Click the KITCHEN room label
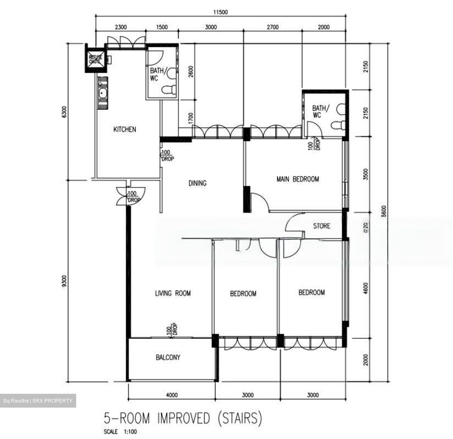click(125, 129)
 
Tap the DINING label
click(198, 183)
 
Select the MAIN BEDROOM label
click(298, 179)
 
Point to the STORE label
click(322, 226)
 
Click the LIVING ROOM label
click(173, 293)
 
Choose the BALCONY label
click(168, 357)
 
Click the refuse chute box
click(95, 58)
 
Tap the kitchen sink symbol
click(103, 93)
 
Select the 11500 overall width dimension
click(220, 13)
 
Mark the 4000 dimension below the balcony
click(172, 395)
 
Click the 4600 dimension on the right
click(365, 289)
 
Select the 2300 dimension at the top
click(121, 27)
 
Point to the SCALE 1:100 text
click(120, 432)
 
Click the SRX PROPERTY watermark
click(38, 401)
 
